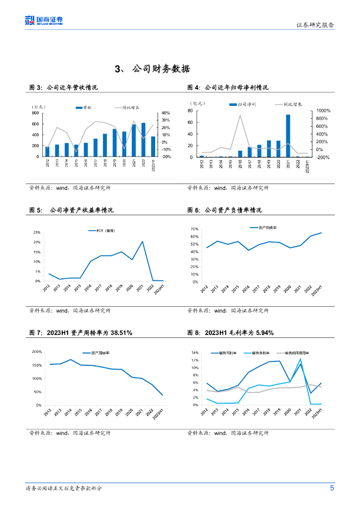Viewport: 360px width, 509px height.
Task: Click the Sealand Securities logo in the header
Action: pos(44,20)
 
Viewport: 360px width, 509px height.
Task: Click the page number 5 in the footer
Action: pos(332,488)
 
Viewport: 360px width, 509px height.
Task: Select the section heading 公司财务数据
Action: pos(153,69)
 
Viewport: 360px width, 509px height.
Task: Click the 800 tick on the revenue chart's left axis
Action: pos(35,113)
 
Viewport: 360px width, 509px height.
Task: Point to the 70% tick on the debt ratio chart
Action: pos(194,229)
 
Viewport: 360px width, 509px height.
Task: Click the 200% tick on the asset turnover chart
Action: pos(36,352)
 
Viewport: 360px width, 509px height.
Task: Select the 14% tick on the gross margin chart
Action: pos(195,352)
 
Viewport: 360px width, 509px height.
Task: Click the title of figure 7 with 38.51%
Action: pos(81,333)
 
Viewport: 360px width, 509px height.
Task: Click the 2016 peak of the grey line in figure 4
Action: pos(241,115)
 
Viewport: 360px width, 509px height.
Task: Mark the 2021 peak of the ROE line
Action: pos(142,242)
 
